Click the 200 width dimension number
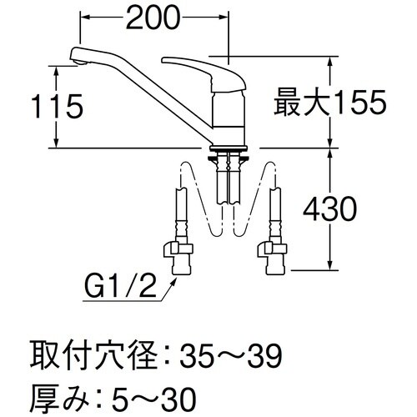coord(154,18)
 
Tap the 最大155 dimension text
coord(329,103)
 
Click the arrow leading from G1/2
coord(163,288)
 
